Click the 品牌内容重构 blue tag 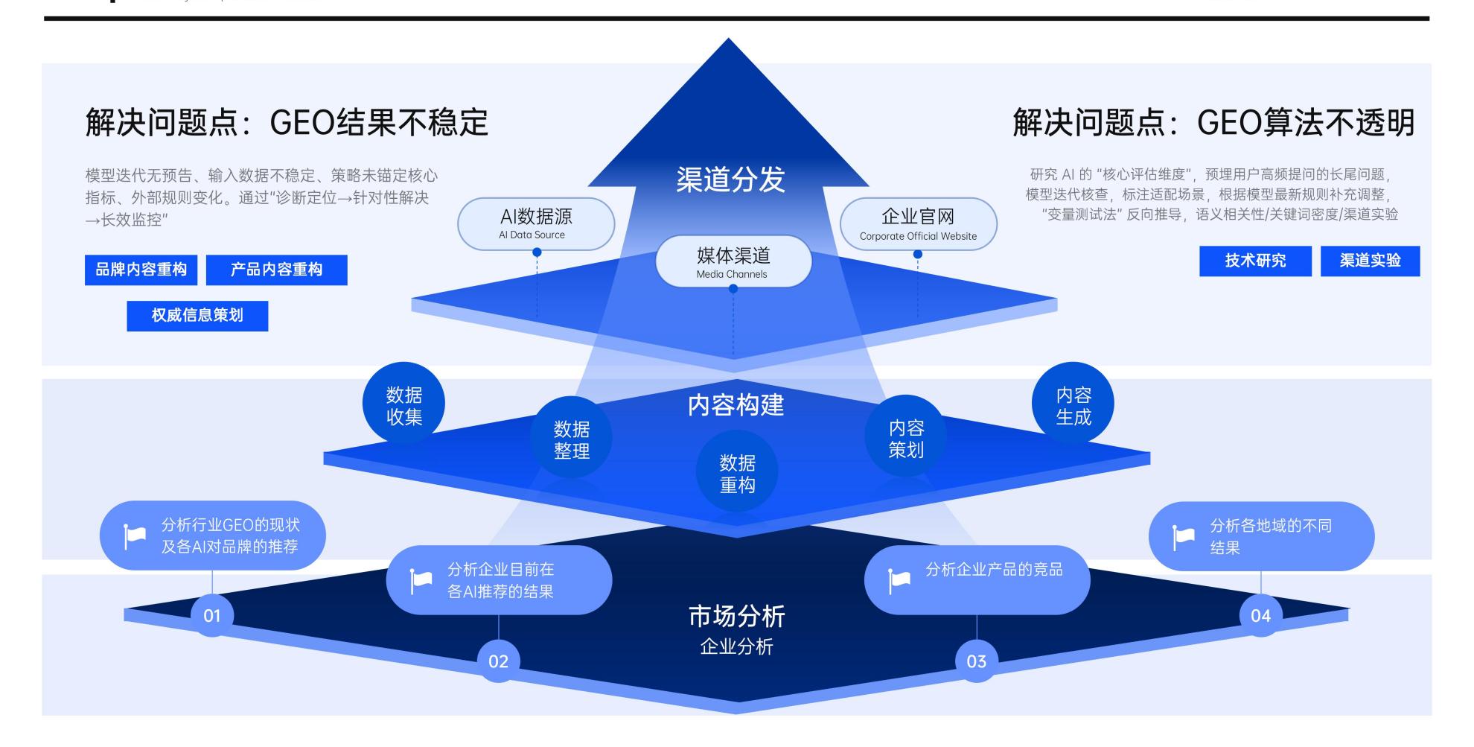[x=141, y=270]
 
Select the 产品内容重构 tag [x=276, y=270]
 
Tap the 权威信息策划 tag [x=197, y=316]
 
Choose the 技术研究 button [x=1255, y=261]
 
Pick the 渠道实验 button [x=1370, y=261]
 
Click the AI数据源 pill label [x=536, y=223]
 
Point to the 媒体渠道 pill [x=733, y=261]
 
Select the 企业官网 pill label [x=918, y=223]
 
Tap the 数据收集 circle [x=403, y=404]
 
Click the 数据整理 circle [x=571, y=439]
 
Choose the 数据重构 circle [x=737, y=473]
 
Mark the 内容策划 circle [x=906, y=438]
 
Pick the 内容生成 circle [x=1073, y=404]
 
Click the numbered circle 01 [x=212, y=616]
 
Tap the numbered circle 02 [x=498, y=661]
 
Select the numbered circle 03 [x=976, y=661]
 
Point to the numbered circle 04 [x=1260, y=616]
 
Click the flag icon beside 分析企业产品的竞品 [x=899, y=580]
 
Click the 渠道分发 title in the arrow [x=730, y=179]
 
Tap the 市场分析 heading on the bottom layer [x=736, y=616]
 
